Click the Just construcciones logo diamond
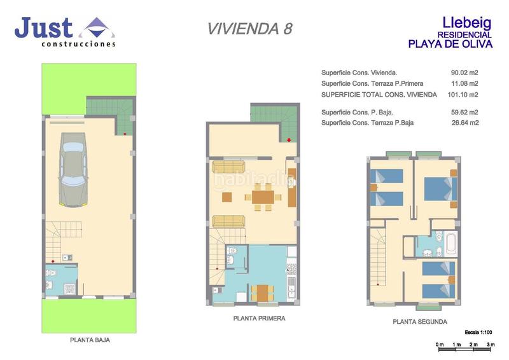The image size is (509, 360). point(95,28)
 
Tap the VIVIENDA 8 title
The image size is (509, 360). point(250,29)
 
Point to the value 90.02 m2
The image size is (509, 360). point(464,73)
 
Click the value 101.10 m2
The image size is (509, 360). point(463,95)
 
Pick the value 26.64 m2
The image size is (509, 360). point(464,123)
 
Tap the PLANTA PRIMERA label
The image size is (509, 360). point(259,318)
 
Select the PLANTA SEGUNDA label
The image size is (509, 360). point(419,322)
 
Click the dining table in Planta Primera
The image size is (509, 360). point(262,197)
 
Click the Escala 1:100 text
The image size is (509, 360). point(479,333)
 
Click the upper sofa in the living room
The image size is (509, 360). point(228,167)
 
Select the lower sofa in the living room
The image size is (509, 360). point(228,221)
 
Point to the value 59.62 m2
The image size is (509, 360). point(464,113)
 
